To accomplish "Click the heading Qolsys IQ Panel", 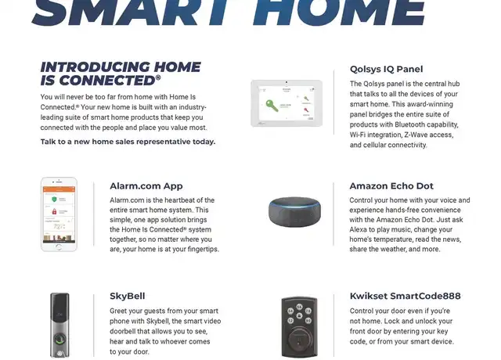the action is pyautogui.click(x=386, y=69).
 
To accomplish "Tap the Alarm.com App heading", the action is pyautogui.click(x=146, y=186).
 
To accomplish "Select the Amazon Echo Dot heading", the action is pyautogui.click(x=391, y=186).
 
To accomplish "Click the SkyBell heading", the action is pyautogui.click(x=127, y=296).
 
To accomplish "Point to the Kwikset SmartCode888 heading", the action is pyautogui.click(x=405, y=296).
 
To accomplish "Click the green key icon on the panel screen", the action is pyautogui.click(x=272, y=106).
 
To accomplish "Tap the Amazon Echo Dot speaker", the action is pyautogui.click(x=294, y=211).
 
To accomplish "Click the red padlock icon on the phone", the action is pyautogui.click(x=54, y=211).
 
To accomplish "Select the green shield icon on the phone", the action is pyautogui.click(x=54, y=200).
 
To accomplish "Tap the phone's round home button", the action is pyautogui.click(x=59, y=247).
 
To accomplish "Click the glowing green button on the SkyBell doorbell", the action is pyautogui.click(x=59, y=339).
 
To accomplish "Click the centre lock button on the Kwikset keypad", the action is pyautogui.click(x=299, y=316).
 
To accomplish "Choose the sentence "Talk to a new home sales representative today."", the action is pyautogui.click(x=128, y=142).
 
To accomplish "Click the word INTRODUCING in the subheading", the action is pyautogui.click(x=96, y=67).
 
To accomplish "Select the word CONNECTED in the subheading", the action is pyautogui.click(x=107, y=81).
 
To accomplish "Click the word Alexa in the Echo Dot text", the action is pyautogui.click(x=359, y=229).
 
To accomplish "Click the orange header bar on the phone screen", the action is pyautogui.click(x=59, y=189).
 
